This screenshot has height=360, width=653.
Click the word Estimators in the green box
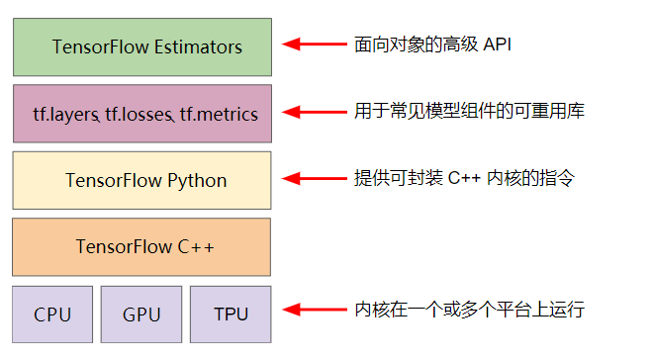[x=198, y=46]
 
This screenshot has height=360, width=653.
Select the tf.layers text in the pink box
[x=66, y=115]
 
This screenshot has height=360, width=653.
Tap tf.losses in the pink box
[x=140, y=115]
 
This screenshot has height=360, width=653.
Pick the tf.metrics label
[x=219, y=115]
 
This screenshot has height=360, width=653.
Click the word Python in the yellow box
[x=197, y=181]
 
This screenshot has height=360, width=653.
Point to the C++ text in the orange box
[x=196, y=247]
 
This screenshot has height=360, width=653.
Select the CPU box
[x=52, y=315]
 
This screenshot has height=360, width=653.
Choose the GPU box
[x=141, y=315]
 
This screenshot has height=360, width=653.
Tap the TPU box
[x=231, y=315]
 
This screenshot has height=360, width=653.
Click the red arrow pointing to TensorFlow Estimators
[x=315, y=44]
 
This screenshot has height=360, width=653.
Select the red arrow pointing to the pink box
[x=315, y=112]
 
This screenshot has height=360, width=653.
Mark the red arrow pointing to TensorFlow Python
[x=315, y=178]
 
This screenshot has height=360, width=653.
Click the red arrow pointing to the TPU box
[x=315, y=310]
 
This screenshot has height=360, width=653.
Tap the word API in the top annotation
[x=498, y=45]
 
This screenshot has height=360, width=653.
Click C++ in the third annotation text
[x=464, y=178]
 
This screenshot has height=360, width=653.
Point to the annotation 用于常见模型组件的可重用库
[x=469, y=111]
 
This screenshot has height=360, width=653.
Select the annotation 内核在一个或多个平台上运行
[x=469, y=310]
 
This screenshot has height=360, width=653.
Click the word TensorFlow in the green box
[x=100, y=46]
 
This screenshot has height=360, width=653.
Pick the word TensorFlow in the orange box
[x=124, y=247]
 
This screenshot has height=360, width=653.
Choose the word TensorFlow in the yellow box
[x=114, y=181]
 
